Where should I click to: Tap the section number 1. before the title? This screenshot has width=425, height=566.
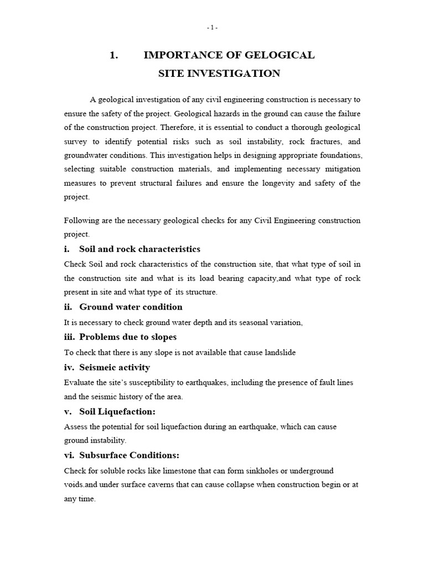pyautogui.click(x=115, y=55)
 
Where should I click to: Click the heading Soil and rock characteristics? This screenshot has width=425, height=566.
pyautogui.click(x=139, y=249)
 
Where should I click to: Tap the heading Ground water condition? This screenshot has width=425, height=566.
pyautogui.click(x=131, y=307)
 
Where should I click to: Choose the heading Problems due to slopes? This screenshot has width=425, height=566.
pyautogui.click(x=128, y=337)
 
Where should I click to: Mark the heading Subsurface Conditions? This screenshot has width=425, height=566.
pyautogui.click(x=129, y=455)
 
